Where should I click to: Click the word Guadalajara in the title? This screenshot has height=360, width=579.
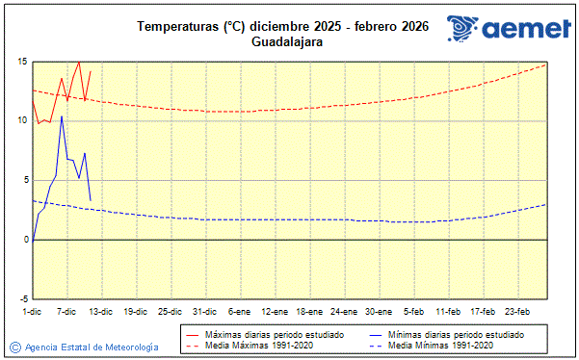pos(287,42)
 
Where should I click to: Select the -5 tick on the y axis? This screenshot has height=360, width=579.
pos(21,298)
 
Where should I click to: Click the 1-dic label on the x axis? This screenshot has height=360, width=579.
pos(32,311)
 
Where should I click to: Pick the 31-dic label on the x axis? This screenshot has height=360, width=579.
pos(204,311)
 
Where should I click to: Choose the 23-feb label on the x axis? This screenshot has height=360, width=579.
pos(517,311)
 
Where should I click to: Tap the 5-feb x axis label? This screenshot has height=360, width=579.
pos(414,311)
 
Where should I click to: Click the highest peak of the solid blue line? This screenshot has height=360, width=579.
pos(62,116)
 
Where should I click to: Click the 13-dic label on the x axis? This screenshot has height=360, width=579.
pos(100,311)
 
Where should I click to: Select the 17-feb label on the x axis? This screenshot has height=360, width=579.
pos(483,311)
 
